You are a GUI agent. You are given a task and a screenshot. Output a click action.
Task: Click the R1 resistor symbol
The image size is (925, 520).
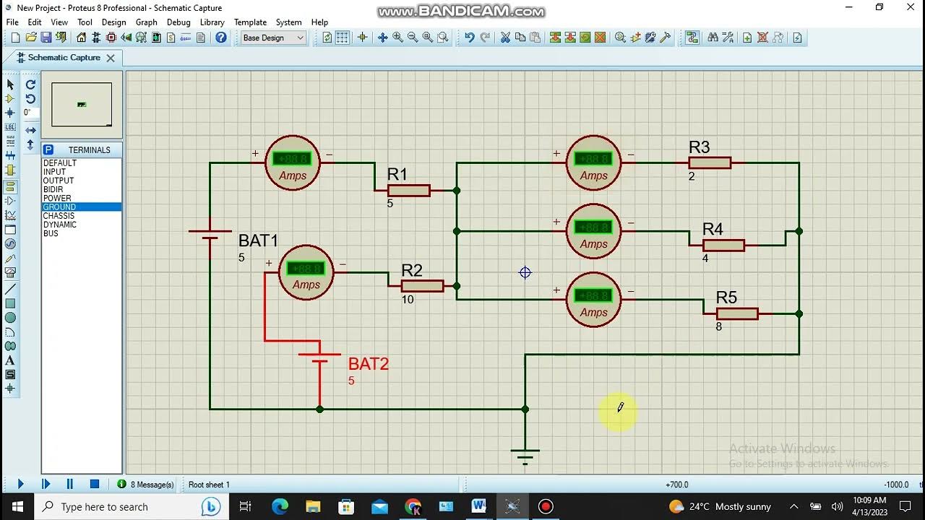click(408, 191)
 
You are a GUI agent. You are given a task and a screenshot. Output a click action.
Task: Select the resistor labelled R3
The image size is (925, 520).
click(710, 163)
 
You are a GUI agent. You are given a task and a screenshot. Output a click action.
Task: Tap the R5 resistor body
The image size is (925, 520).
click(737, 313)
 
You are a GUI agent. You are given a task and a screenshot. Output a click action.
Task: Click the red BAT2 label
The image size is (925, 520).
click(369, 364)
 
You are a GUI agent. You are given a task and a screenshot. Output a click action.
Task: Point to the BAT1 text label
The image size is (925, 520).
click(258, 240)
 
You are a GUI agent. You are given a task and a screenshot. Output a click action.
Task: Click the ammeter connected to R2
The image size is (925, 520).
click(306, 272)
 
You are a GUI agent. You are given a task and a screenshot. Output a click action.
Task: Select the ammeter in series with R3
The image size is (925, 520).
click(593, 162)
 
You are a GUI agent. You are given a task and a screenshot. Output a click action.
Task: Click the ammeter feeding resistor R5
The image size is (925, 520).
click(593, 299)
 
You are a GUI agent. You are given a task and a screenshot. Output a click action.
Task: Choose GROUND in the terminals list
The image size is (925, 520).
click(59, 207)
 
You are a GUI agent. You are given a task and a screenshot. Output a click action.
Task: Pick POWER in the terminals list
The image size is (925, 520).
click(57, 198)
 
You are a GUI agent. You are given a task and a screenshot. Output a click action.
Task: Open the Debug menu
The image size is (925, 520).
click(178, 22)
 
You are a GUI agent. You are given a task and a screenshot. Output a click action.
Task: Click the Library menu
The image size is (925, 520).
click(212, 22)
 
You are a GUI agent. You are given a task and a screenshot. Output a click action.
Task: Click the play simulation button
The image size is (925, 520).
click(20, 484)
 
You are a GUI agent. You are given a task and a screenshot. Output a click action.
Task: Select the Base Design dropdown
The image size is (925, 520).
click(273, 38)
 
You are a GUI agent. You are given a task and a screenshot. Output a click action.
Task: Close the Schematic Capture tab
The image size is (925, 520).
click(111, 58)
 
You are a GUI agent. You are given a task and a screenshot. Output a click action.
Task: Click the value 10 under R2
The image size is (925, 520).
click(408, 299)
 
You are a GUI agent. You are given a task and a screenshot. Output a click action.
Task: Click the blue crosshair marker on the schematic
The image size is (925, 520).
click(525, 272)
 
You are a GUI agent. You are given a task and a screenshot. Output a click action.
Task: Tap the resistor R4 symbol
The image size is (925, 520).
click(723, 246)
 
